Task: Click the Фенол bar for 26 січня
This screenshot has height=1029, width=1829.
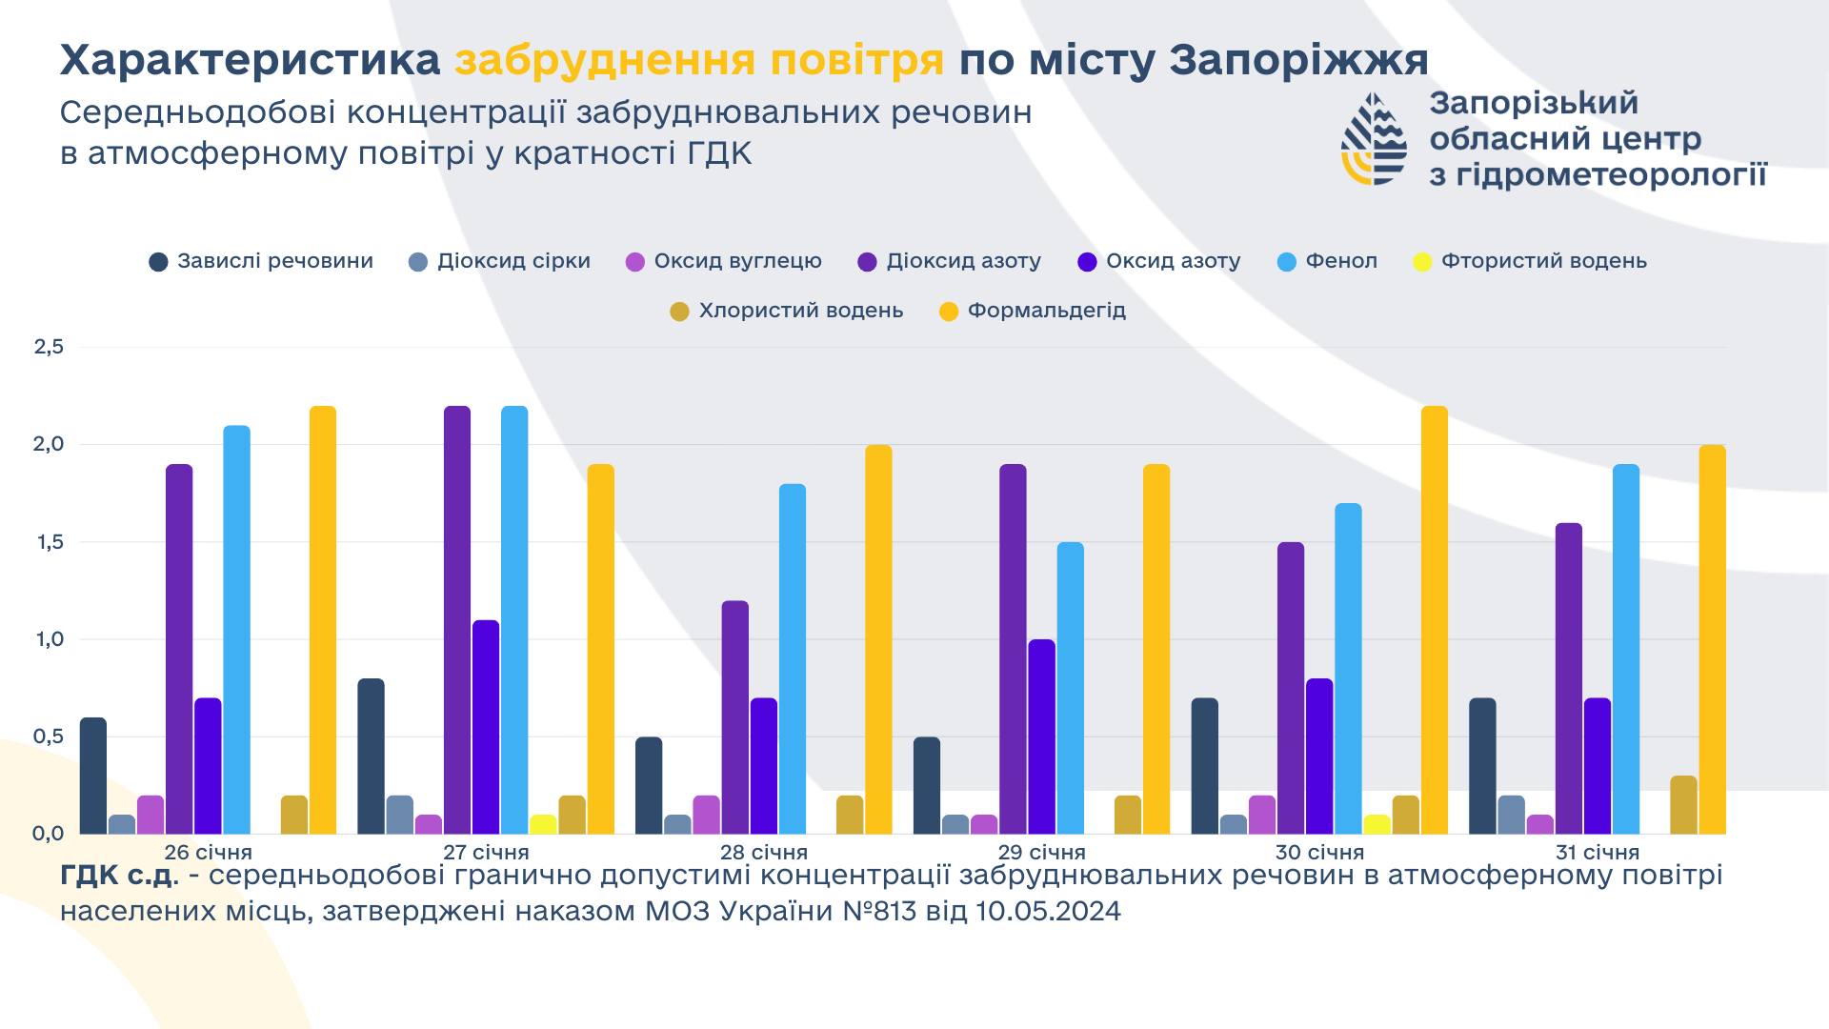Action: (236, 629)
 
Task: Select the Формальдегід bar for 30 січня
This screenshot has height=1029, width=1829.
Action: (1434, 619)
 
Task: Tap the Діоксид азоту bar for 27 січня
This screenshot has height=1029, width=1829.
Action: (457, 619)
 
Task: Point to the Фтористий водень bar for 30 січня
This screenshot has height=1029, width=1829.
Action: (1377, 824)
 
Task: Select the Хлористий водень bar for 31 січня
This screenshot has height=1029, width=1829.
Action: (1683, 805)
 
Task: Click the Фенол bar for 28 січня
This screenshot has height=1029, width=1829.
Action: (792, 658)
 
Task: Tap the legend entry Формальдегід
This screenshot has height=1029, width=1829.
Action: (1046, 311)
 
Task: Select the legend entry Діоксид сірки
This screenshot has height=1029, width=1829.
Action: (513, 261)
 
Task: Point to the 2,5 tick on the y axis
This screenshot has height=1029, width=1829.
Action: (49, 347)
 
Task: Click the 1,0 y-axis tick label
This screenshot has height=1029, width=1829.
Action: (49, 639)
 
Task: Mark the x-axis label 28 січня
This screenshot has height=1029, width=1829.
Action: (764, 852)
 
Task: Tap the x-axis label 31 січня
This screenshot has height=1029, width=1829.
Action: (1598, 852)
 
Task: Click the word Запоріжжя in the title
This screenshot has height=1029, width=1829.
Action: (1298, 61)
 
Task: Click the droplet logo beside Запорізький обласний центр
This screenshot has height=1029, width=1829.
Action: (1373, 138)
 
